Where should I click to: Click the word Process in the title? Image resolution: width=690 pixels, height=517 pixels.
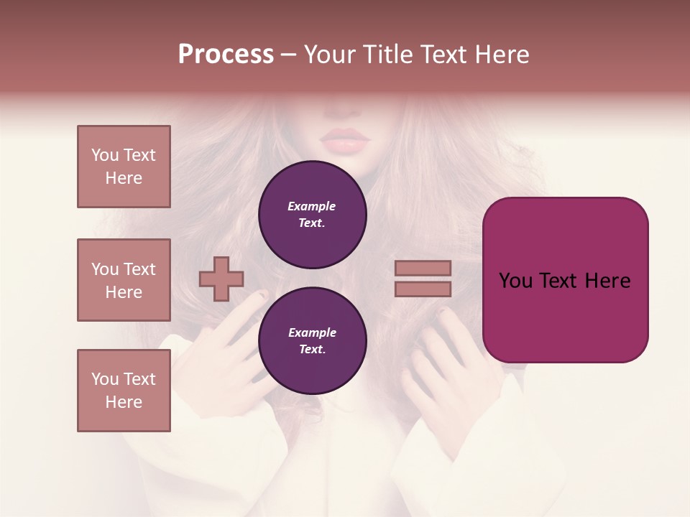point(226,55)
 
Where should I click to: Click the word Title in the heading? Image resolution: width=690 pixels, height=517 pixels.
point(387,55)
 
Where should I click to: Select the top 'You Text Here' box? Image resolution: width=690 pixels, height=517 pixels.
point(124,167)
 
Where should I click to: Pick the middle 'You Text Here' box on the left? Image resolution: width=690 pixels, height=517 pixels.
point(124,280)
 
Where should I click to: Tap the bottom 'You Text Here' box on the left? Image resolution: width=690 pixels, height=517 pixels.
point(124,391)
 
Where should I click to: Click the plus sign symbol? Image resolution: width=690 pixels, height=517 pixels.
point(221,279)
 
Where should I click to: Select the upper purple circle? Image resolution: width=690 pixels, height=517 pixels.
point(312,215)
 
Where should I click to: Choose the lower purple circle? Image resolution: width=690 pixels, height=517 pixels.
point(312,341)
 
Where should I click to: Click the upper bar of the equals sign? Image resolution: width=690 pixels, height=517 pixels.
point(423,268)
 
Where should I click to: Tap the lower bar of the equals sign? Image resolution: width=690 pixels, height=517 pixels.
point(423,289)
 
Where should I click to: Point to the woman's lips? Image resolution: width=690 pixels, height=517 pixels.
point(346,140)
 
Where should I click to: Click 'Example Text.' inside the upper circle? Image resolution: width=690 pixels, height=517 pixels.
point(312,215)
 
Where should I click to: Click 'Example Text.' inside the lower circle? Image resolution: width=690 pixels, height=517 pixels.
point(312,341)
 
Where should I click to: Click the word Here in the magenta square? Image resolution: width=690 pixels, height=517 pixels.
point(607,281)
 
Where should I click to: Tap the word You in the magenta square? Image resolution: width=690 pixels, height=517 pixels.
point(515,281)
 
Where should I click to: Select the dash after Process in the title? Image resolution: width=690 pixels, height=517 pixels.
point(289,55)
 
